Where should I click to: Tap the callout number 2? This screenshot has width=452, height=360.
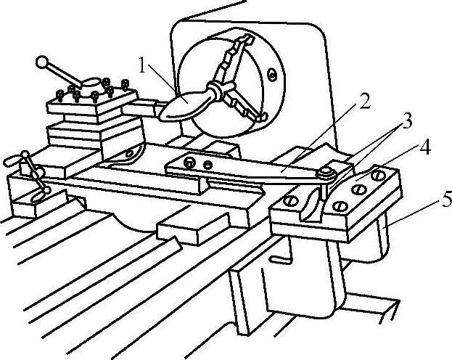[x=363, y=102]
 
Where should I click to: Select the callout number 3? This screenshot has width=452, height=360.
[x=408, y=121]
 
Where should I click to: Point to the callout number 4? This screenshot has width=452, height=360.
[x=425, y=147]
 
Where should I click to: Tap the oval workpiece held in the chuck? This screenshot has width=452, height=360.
[x=185, y=104]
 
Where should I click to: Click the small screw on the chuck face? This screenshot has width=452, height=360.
[x=271, y=73]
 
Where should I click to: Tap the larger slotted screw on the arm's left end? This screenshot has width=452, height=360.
[x=190, y=161]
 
